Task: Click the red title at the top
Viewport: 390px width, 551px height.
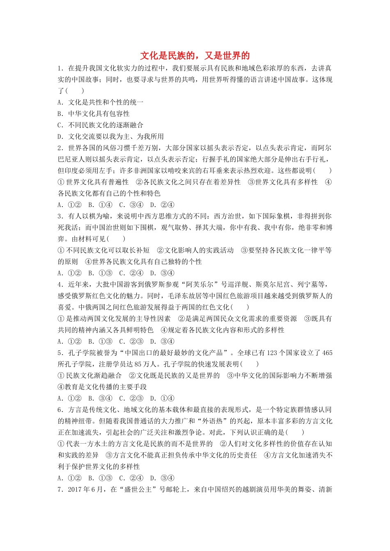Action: click(x=195, y=56)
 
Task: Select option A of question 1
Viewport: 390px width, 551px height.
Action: click(x=101, y=102)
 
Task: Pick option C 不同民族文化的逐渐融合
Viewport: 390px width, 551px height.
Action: click(x=101, y=125)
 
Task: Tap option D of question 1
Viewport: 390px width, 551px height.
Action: click(x=111, y=137)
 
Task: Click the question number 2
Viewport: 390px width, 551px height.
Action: click(x=60, y=148)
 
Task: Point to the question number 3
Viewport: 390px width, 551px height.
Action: click(x=60, y=216)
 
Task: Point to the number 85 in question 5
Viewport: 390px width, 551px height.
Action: click(x=138, y=364)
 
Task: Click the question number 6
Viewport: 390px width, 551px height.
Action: click(x=60, y=410)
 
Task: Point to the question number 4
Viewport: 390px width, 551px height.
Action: click(x=60, y=285)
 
